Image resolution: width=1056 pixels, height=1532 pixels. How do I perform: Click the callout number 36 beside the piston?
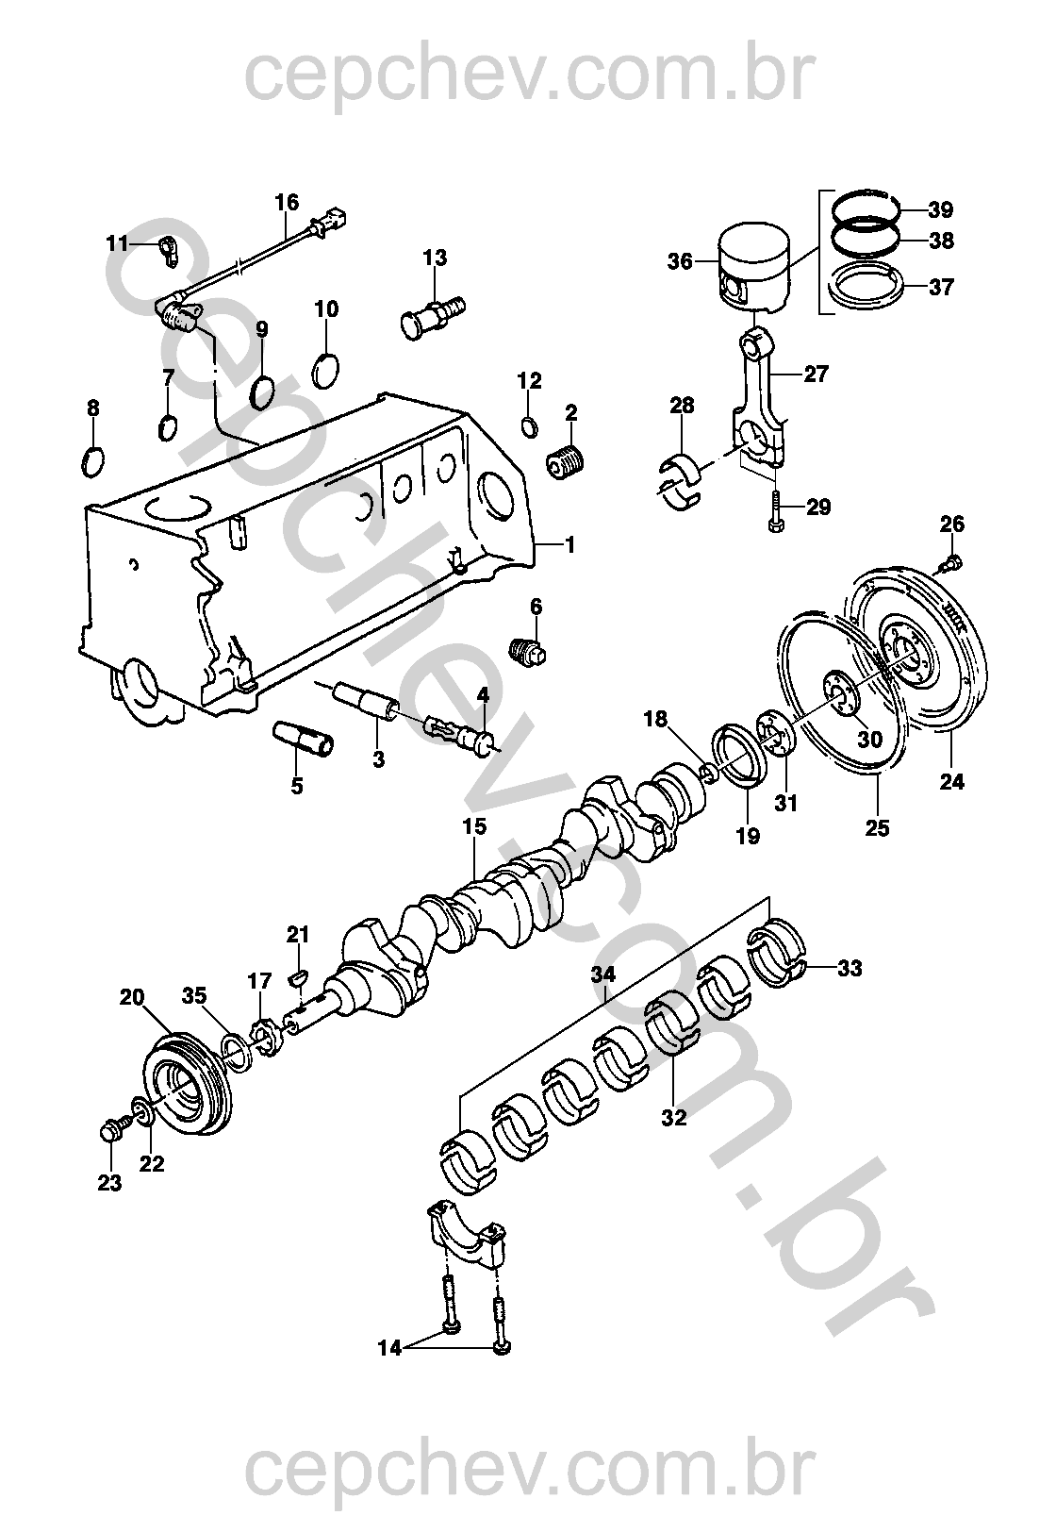(x=680, y=262)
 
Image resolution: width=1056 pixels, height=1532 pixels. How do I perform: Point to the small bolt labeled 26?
(x=951, y=563)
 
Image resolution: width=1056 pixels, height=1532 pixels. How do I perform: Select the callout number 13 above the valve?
(x=435, y=258)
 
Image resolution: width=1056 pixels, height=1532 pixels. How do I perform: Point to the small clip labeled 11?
(x=168, y=249)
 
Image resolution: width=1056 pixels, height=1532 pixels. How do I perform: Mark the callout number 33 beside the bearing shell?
(x=850, y=968)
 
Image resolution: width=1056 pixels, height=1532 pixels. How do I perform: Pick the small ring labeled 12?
(x=528, y=426)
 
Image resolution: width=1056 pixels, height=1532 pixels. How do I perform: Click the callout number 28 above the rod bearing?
(x=682, y=406)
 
